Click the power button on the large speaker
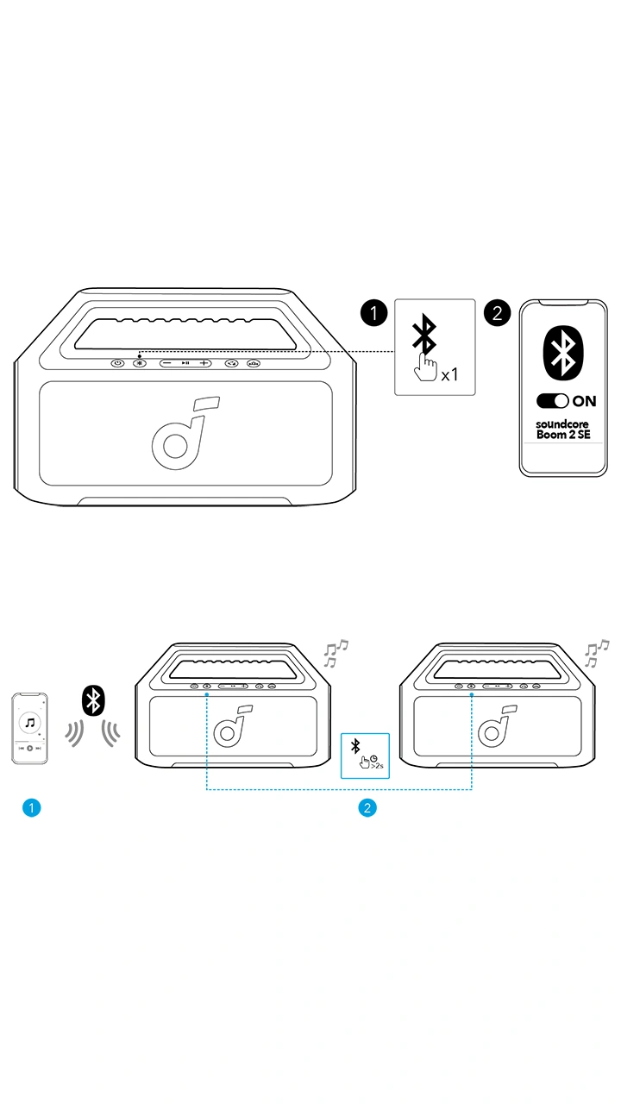[x=117, y=363]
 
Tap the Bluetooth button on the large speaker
[x=139, y=363]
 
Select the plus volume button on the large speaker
[x=204, y=363]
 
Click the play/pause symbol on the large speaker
[x=185, y=363]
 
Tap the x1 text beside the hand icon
[x=449, y=375]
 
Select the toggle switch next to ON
[x=552, y=401]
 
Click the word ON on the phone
[x=584, y=401]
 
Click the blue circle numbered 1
[x=31, y=808]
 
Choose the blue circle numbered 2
[x=367, y=808]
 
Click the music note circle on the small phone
[x=30, y=722]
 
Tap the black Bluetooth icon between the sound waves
[x=92, y=699]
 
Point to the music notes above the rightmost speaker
[x=597, y=653]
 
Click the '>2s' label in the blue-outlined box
[x=377, y=764]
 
